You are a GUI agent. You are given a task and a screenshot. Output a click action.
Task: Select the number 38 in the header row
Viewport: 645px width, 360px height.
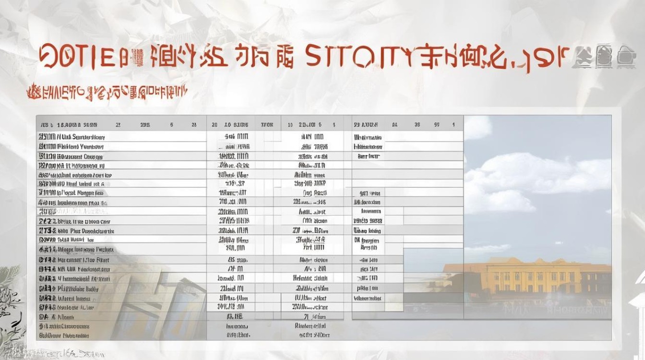point(417,124)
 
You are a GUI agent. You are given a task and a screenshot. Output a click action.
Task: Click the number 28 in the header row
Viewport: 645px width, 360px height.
point(193,124)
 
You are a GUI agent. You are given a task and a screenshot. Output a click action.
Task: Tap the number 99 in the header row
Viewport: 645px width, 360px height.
point(437,124)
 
